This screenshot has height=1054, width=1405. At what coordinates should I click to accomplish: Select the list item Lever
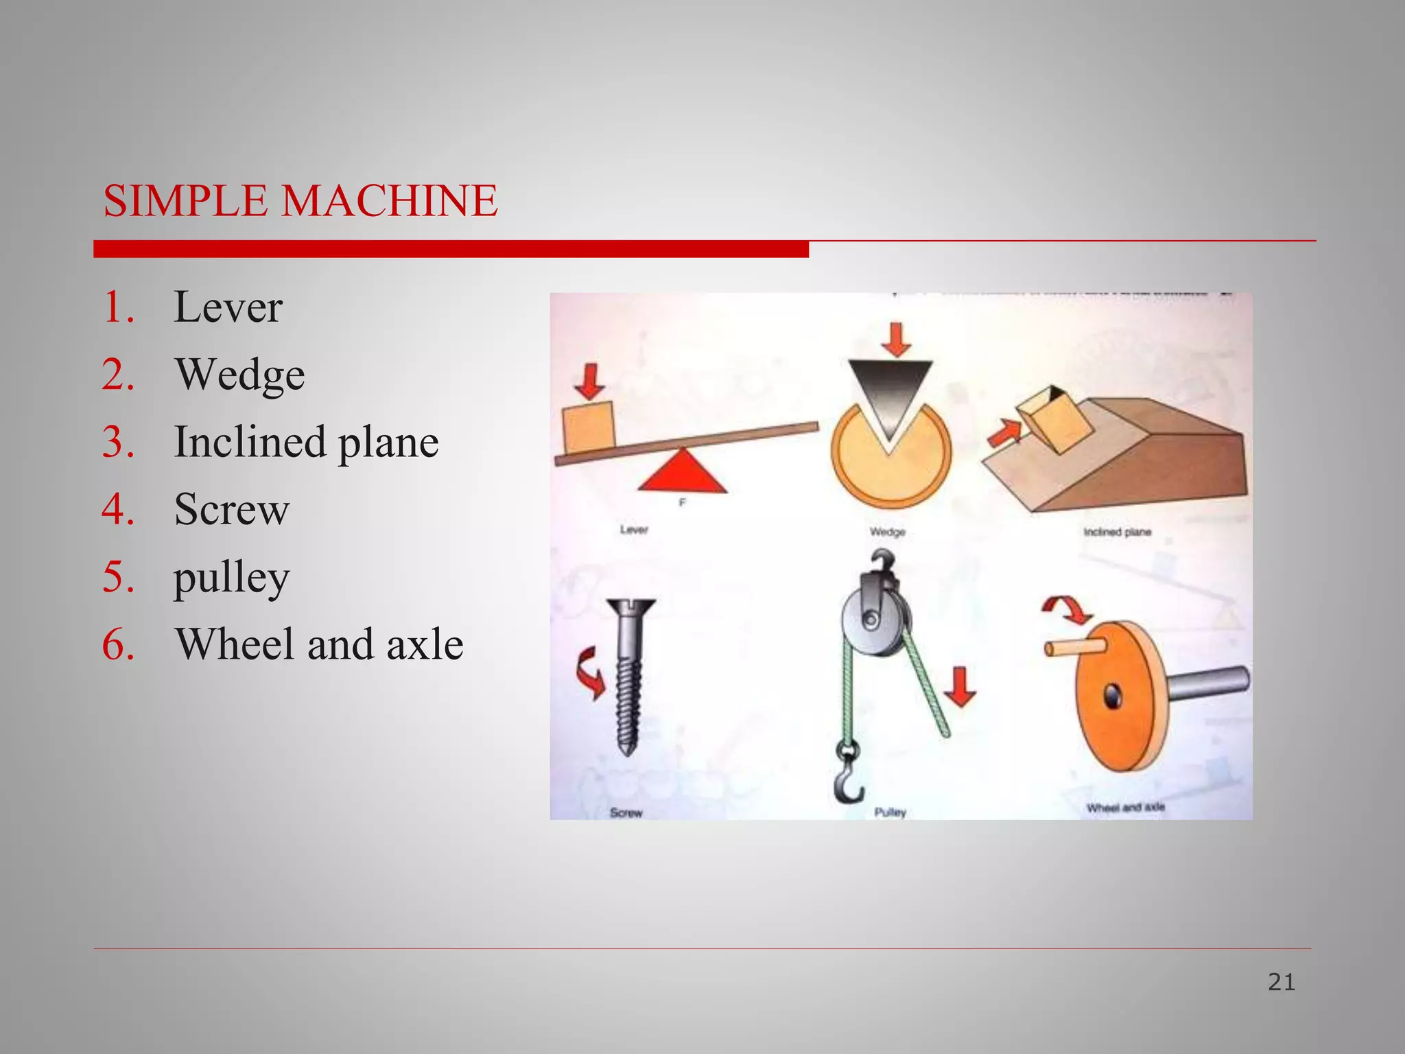pos(228,307)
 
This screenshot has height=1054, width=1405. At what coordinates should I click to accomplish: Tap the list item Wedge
pos(239,374)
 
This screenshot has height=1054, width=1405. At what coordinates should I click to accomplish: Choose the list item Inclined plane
pos(306,441)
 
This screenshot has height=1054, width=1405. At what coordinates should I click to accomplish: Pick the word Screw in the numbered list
pos(232,509)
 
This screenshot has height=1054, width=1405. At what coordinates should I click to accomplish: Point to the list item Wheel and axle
pos(319,644)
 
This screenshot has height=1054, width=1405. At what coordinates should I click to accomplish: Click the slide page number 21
pos(1281,983)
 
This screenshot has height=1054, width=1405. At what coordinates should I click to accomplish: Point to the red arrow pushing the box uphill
pos(1004,433)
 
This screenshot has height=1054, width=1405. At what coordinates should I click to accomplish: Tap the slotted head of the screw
pos(631,608)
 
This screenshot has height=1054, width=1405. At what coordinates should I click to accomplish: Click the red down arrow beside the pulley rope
pos(960,686)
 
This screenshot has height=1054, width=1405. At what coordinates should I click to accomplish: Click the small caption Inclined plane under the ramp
pos(1117,532)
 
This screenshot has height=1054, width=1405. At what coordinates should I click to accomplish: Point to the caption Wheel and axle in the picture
pos(1125,808)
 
